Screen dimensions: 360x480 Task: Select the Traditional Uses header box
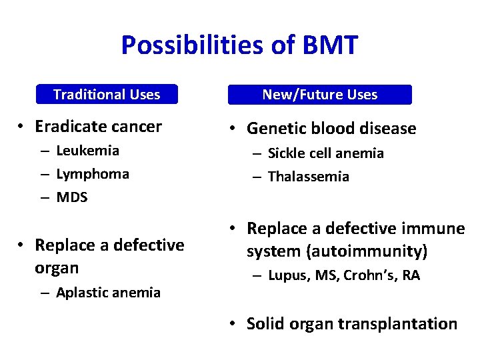pyautogui.click(x=107, y=95)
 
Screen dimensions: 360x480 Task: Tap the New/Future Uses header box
pyautogui.click(x=320, y=95)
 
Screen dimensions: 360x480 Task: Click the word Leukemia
pyautogui.click(x=88, y=151)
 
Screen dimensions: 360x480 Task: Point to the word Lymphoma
pyautogui.click(x=93, y=174)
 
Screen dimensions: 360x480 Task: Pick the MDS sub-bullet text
pyautogui.click(x=72, y=197)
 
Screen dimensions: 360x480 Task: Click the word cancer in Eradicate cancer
pyautogui.click(x=136, y=127)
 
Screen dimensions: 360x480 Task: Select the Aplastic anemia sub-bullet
pyautogui.click(x=108, y=293)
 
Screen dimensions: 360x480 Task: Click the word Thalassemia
pyautogui.click(x=309, y=177)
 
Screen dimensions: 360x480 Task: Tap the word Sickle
pyautogui.click(x=288, y=153)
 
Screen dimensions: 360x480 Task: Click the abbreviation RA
pyautogui.click(x=411, y=276)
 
